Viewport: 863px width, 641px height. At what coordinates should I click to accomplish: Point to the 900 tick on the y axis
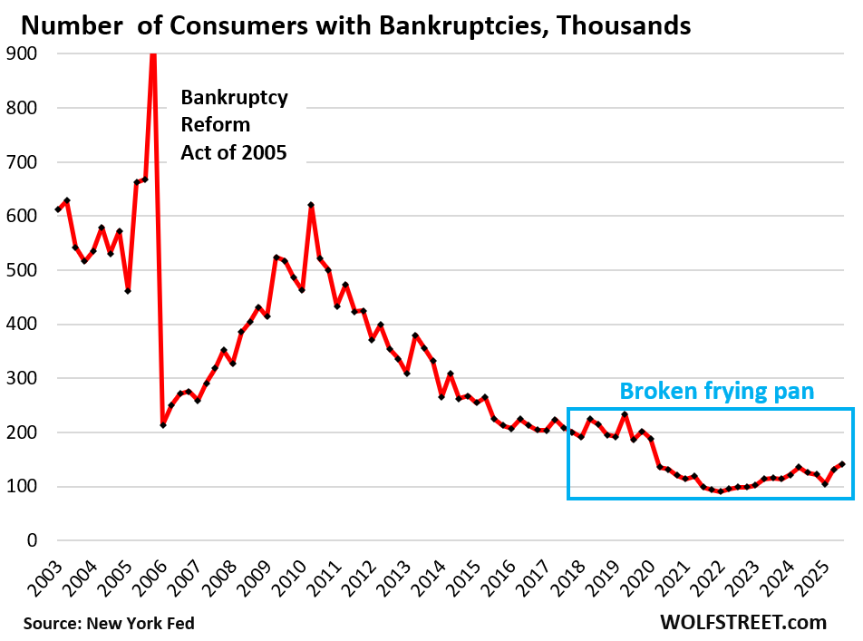click(21, 53)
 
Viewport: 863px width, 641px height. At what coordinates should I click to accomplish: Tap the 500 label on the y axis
click(21, 270)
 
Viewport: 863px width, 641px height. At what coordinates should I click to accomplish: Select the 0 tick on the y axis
click(32, 540)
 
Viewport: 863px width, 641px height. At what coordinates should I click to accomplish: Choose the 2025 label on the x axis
click(828, 577)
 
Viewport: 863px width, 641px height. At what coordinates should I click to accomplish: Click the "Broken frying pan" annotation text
click(717, 392)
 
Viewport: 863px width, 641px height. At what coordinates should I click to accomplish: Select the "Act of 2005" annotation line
click(234, 152)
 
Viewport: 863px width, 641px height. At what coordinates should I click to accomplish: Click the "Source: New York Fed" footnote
click(109, 623)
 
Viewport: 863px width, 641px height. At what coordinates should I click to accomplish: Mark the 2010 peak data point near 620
click(311, 205)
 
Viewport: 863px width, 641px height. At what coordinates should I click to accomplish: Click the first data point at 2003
click(58, 209)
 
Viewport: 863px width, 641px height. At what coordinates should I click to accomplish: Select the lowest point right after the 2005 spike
click(163, 425)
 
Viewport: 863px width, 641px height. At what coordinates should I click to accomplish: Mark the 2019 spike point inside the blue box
click(625, 414)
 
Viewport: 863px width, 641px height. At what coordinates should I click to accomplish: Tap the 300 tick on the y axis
click(21, 378)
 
